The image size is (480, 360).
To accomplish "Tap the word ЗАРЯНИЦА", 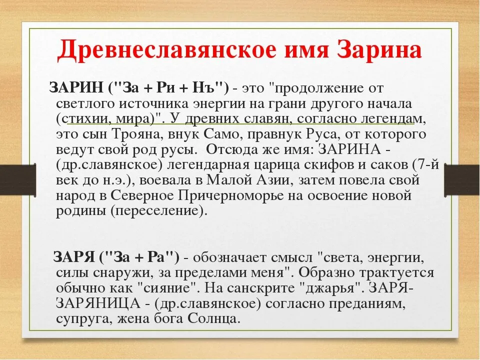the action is (x=98, y=303).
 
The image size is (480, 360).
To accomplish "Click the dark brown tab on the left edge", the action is (x=18, y=179).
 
